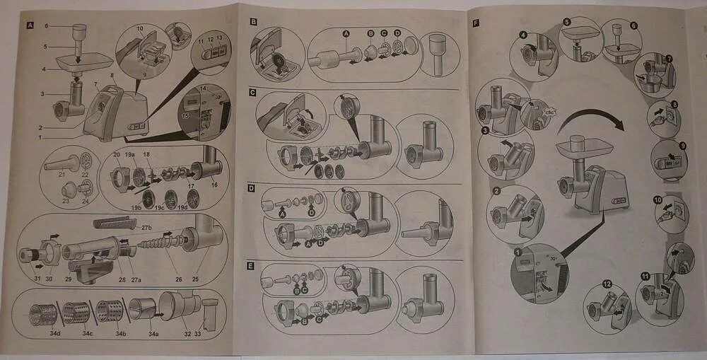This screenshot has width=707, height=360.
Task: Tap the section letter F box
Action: click(x=477, y=23)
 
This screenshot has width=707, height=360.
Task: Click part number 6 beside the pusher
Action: click(x=46, y=25)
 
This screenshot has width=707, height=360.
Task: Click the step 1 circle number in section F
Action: click(x=518, y=252)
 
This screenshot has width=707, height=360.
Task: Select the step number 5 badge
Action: click(x=566, y=23)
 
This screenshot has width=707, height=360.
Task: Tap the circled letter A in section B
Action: click(x=346, y=33)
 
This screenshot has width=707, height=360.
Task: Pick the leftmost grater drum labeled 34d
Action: click(x=44, y=311)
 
